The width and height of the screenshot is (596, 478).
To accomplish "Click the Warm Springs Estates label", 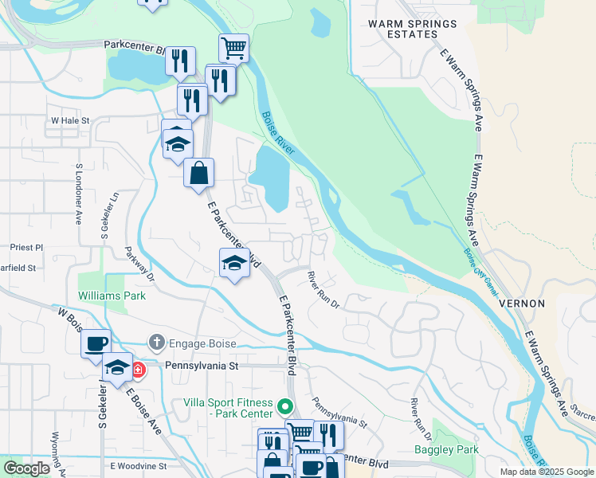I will tap(413, 29).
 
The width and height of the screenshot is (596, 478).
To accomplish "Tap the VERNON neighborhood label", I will tap(522, 304).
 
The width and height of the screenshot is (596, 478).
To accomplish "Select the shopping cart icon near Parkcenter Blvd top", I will tap(233, 48).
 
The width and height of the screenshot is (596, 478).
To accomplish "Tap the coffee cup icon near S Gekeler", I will tap(96, 343).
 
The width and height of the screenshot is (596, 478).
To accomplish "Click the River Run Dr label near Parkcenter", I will tap(323, 291).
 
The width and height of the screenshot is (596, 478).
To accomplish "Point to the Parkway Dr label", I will tap(139, 270).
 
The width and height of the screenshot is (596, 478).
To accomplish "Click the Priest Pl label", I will tap(26, 248).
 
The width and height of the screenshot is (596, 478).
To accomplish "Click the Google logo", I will tap(26, 468).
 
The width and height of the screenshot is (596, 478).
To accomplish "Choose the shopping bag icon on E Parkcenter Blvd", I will tap(198, 172).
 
